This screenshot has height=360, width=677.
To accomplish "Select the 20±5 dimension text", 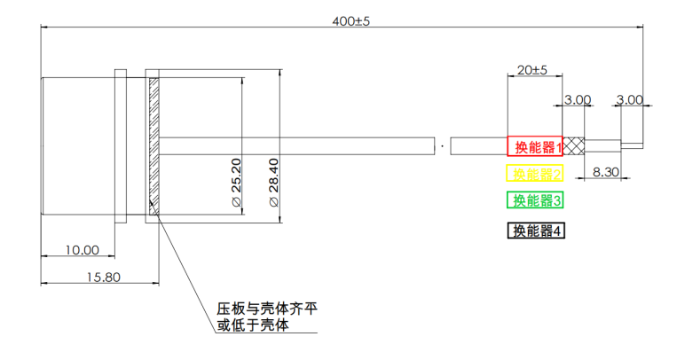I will tap(531, 69).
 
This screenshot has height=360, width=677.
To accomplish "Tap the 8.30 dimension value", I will tap(604, 172).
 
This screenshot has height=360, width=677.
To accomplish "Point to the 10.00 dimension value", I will tap(82, 251).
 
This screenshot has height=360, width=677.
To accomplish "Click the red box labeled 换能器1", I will tap(535, 147).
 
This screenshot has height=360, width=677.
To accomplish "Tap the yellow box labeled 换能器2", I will tap(535, 173).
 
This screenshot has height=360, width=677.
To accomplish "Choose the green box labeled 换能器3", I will tap(535, 200).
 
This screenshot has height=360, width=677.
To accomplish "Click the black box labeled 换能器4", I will tap(535, 231).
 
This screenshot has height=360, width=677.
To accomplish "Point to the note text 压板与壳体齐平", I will tap(267, 309).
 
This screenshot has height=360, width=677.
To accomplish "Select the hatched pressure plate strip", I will tap(154, 146).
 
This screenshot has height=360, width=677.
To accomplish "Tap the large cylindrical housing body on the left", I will tap(78, 146).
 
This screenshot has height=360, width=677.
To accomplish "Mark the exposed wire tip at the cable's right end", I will tap(631, 145).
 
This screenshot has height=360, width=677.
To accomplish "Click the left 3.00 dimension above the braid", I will tap(578, 100).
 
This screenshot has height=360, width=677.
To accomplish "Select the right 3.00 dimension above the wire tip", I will tap(629, 100).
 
